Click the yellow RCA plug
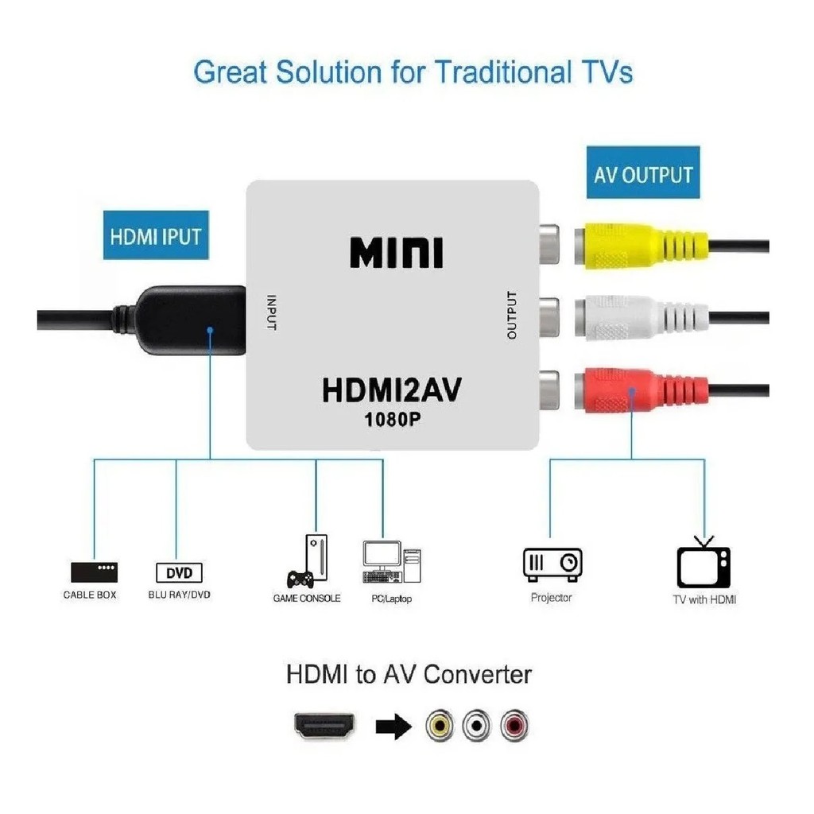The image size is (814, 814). click(x=642, y=246)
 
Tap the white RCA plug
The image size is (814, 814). click(x=642, y=317)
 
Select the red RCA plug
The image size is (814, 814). click(x=642, y=390)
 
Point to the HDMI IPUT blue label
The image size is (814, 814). click(x=156, y=235)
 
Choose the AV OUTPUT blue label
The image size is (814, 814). click(x=643, y=172)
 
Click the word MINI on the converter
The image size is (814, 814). click(x=397, y=253)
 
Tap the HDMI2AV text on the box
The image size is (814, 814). click(x=392, y=390)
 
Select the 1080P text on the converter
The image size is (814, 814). click(x=393, y=420)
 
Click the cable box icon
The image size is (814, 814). click(x=94, y=572)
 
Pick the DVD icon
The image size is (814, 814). click(x=179, y=572)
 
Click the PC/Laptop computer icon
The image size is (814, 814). click(x=392, y=562)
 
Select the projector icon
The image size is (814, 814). click(x=552, y=564)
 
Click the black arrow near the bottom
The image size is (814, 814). click(x=393, y=725)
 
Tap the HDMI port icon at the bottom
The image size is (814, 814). click(x=325, y=725)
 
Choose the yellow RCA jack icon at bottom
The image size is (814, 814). click(x=440, y=725)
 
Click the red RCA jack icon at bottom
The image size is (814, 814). click(x=514, y=725)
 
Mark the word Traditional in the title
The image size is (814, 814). click(x=503, y=72)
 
